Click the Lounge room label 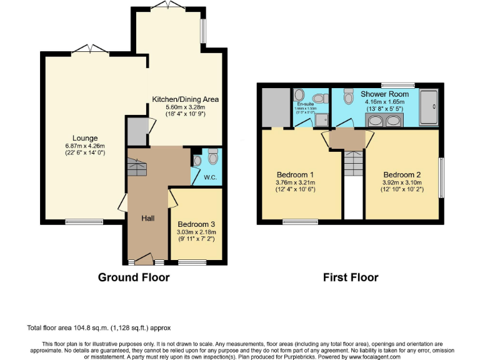point(85,138)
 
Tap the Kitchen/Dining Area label point(186,99)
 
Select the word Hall point(147,217)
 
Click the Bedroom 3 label point(196,224)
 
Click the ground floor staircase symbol point(136,167)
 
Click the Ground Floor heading point(134,277)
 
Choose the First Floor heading point(351,277)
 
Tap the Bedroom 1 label point(295,174)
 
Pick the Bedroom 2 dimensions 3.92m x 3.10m point(403,182)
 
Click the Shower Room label point(384,94)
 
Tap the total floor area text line point(99,327)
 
